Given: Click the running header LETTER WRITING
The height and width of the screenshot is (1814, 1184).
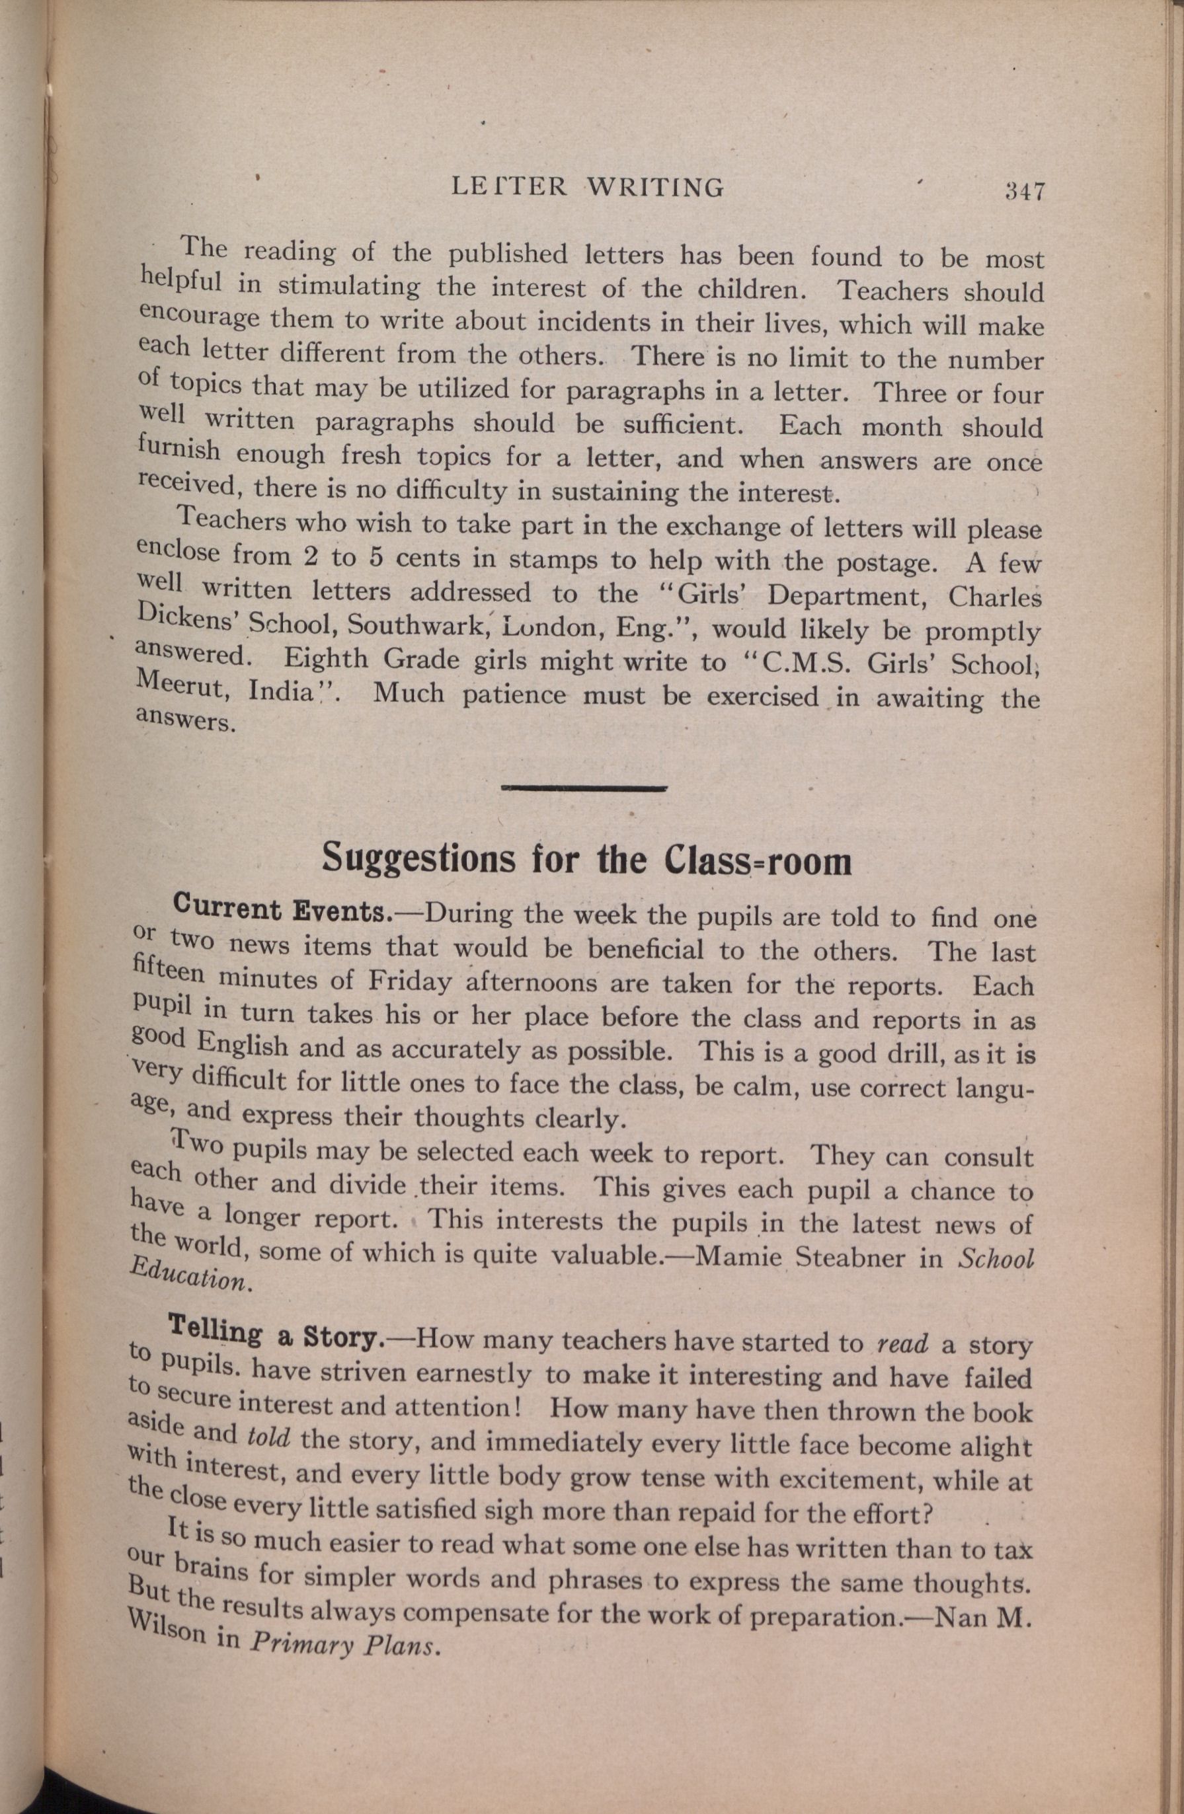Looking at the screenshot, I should pyautogui.click(x=588, y=187).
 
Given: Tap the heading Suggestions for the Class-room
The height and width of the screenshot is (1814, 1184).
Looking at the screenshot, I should pyautogui.click(x=586, y=860).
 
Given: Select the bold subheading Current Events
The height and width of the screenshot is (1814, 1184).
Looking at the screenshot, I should pyautogui.click(x=282, y=909).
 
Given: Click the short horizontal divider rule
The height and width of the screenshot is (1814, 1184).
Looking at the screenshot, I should pyautogui.click(x=584, y=788).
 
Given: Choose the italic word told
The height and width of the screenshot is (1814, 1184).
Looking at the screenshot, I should pyautogui.click(x=269, y=1436).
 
